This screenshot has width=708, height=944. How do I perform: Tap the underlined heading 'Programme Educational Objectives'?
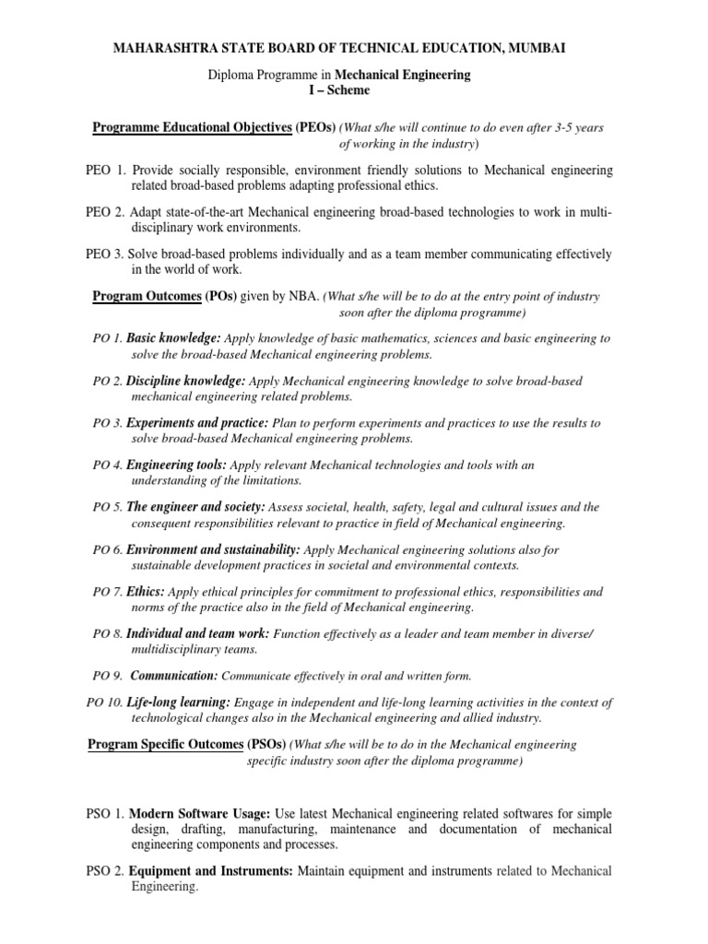192,127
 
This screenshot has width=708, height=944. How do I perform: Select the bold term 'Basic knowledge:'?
173,338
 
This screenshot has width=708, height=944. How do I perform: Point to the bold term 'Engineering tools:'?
176,465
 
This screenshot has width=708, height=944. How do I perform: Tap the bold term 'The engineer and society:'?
195,507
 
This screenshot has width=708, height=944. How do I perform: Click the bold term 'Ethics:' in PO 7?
146,591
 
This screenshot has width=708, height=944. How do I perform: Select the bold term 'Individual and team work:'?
197,633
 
